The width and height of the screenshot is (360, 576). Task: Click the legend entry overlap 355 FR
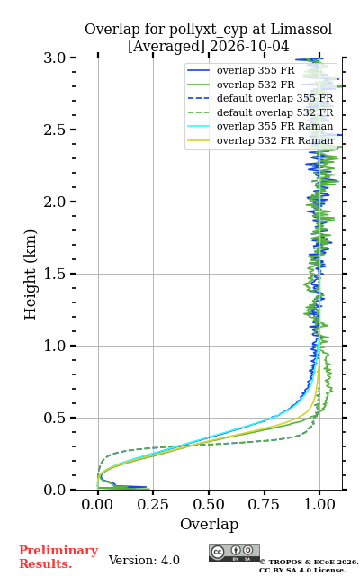[241, 70]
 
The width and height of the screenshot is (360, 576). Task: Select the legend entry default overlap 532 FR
[260, 112]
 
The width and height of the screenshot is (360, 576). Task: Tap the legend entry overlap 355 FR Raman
[260, 126]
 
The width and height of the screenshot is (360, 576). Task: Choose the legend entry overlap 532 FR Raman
[260, 140]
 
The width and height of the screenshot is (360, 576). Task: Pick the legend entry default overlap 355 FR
[260, 98]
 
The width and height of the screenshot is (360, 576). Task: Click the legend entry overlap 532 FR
[241, 85]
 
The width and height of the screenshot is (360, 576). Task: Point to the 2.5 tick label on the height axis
[54, 130]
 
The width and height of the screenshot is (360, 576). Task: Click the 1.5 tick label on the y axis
[54, 274]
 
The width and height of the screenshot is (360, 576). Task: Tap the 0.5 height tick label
[54, 418]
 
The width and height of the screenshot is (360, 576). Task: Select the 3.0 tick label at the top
[54, 58]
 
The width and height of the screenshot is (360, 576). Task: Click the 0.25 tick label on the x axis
[153, 505]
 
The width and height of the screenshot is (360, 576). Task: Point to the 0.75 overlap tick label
[264, 505]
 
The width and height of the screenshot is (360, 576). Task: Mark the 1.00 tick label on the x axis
[319, 505]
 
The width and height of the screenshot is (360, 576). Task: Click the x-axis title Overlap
[210, 524]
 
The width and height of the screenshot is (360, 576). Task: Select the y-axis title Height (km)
[31, 274]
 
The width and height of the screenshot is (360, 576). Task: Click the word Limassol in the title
[301, 30]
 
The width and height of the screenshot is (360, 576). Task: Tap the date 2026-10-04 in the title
[249, 46]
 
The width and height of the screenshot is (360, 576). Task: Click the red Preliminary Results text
[58, 557]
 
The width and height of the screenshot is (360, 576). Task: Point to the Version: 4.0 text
[144, 560]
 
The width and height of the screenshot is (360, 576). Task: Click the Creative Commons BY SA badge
[234, 553]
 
